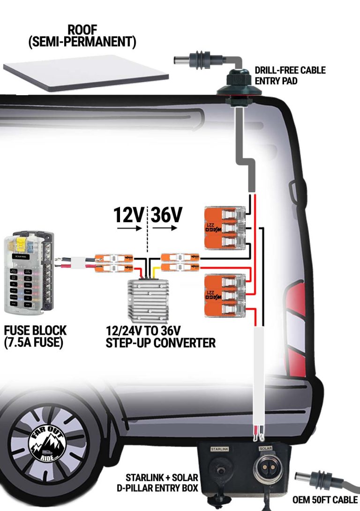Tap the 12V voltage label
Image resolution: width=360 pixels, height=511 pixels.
click(x=129, y=215)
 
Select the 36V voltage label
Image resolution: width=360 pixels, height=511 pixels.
click(x=166, y=215)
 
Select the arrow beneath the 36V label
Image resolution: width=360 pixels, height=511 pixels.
click(x=165, y=229)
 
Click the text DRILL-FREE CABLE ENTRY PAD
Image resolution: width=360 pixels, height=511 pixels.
click(x=290, y=75)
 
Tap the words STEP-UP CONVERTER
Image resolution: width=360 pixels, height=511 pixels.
click(x=161, y=343)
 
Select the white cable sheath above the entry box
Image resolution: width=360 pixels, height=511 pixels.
click(x=260, y=375)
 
